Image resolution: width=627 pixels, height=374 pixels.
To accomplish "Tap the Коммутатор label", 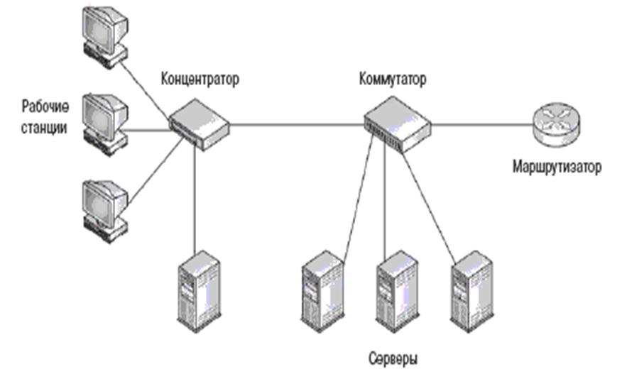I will point(393,79).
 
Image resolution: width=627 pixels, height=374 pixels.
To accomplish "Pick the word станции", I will point(46,130).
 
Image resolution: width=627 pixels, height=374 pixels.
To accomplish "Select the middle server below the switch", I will point(395,287).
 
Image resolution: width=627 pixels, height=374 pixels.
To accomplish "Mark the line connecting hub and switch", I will point(298,124).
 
